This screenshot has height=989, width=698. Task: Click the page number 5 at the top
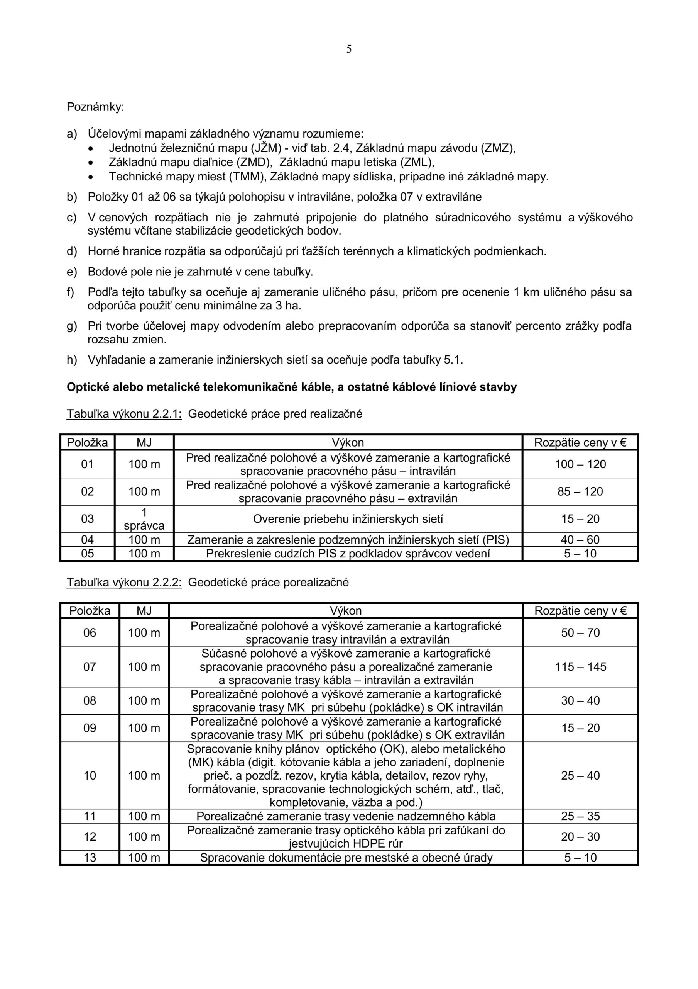[348, 49]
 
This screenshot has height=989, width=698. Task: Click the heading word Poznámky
[95, 107]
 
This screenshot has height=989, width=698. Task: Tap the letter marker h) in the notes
[71, 360]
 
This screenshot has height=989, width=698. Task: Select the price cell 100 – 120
[580, 464]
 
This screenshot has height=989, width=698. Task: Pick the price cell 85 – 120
[580, 491]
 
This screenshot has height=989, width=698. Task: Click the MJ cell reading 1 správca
[144, 519]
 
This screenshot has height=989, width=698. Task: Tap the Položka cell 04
[87, 540]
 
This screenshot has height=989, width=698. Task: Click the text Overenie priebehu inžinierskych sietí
[348, 519]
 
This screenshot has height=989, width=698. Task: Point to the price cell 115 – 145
[580, 667]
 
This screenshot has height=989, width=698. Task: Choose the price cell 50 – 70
[580, 633]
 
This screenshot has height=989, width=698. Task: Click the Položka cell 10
[90, 776]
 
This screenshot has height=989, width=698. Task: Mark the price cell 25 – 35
[580, 816]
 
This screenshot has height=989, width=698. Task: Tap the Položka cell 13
[90, 858]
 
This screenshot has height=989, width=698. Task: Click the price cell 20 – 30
[580, 837]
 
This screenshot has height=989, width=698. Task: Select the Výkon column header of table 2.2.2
[346, 611]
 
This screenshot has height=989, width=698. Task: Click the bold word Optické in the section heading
[88, 387]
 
